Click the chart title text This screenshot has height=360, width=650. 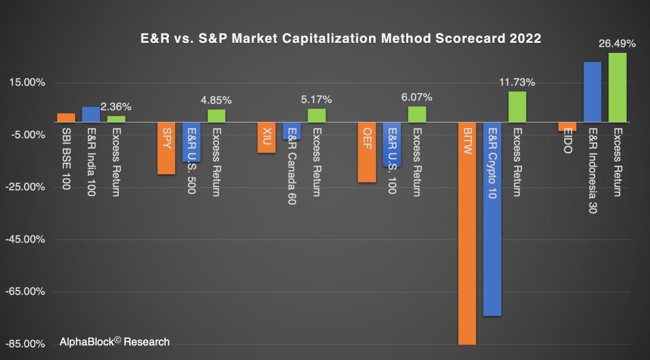click(x=341, y=38)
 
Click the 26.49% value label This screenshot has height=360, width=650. click(x=617, y=44)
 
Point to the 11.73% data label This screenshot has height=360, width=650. click(x=517, y=82)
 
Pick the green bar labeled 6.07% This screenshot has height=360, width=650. click(x=417, y=114)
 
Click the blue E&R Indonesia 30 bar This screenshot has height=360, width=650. click(x=592, y=92)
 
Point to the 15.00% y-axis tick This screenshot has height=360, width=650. click(x=27, y=83)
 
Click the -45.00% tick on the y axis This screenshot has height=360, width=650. click(x=25, y=239)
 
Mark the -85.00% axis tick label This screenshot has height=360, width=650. click(x=25, y=344)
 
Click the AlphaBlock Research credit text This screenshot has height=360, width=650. click(x=114, y=342)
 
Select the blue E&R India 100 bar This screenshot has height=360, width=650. click(x=91, y=114)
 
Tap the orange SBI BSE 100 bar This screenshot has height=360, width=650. click(x=66, y=118)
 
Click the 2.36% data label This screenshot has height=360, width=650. click(x=116, y=107)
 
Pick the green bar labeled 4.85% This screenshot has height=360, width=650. click(x=216, y=116)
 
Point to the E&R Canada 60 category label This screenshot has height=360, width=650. click(x=292, y=166)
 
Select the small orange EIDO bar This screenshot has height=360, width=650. click(x=567, y=127)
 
